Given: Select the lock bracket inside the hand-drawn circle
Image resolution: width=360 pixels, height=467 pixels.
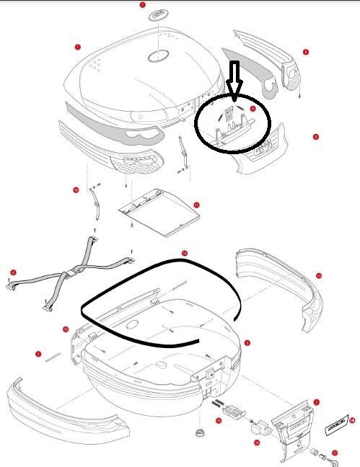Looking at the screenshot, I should click(230, 125).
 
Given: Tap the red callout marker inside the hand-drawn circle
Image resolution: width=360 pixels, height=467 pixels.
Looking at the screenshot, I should click(253, 107).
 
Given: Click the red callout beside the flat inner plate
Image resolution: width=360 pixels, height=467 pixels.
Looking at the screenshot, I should click(196, 205).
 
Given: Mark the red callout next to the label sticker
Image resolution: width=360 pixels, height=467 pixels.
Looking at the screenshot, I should click(351, 419).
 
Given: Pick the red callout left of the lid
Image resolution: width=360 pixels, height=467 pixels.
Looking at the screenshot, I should click(77, 47).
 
